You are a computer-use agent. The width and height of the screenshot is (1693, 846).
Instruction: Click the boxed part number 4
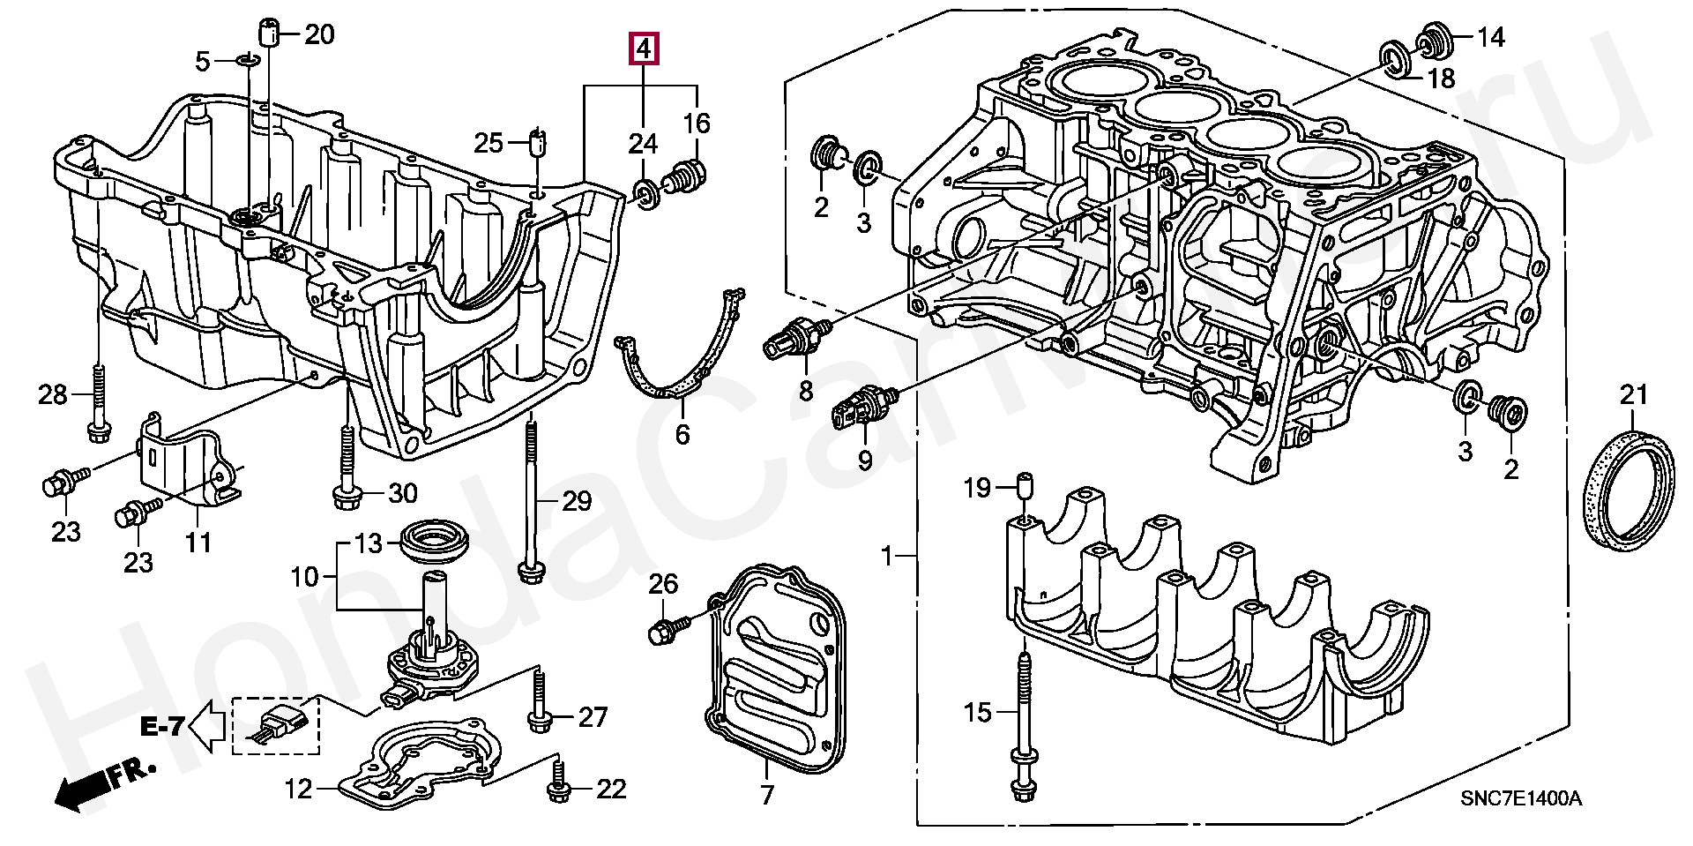point(644,50)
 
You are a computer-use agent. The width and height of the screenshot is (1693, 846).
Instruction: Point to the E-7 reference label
point(162,728)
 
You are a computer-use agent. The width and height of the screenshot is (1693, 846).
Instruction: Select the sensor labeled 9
point(862,408)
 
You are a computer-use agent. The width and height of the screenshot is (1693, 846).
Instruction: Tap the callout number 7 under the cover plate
point(767,795)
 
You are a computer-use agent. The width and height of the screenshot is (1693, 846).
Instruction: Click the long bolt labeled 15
point(1023,732)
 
